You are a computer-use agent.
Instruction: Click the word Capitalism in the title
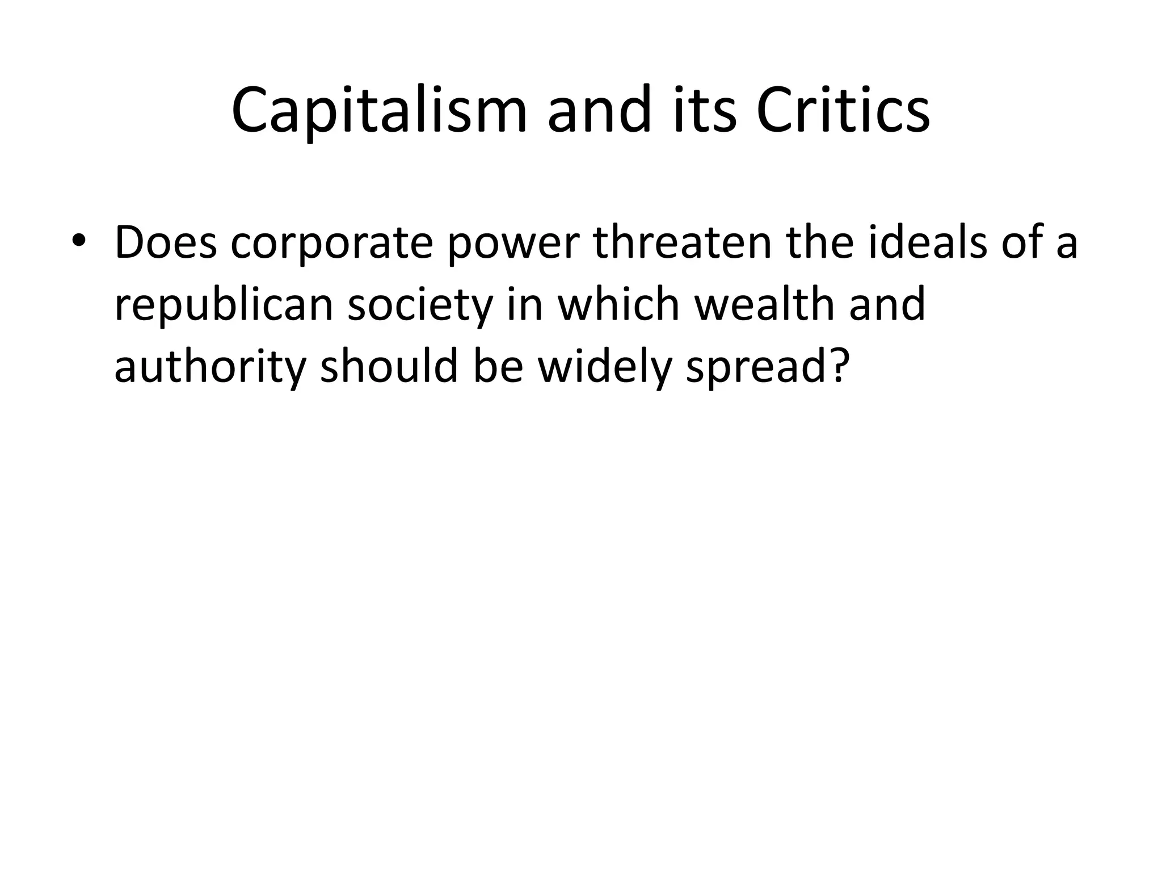[x=379, y=111]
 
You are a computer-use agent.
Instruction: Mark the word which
[x=618, y=304]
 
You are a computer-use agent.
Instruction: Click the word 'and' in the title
[x=599, y=111]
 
